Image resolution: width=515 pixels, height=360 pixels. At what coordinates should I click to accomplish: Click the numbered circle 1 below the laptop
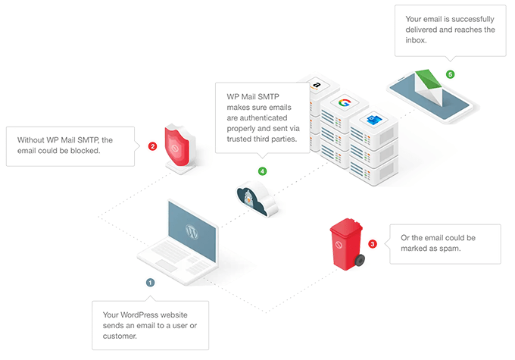[150, 282]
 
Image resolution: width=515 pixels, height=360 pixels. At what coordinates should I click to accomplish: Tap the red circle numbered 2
[152, 146]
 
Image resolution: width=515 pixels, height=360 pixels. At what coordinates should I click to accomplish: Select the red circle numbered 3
[373, 244]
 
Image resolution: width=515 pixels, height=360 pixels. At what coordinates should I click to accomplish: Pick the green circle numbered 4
[262, 171]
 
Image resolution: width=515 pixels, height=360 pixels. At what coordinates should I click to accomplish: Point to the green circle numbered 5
[450, 74]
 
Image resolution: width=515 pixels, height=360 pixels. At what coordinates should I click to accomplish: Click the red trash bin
[345, 243]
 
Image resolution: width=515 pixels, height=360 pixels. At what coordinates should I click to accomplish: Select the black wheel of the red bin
[360, 261]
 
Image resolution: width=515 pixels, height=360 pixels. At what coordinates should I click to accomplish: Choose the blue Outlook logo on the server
[373, 121]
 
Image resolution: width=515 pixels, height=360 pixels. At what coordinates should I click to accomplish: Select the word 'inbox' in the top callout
[417, 41]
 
